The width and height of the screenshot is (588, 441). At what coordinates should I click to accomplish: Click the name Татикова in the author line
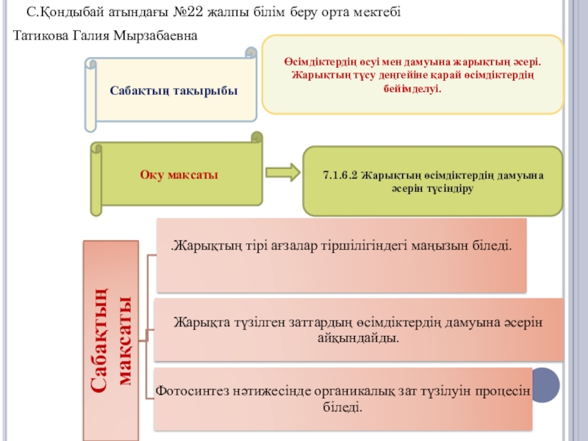click(41, 35)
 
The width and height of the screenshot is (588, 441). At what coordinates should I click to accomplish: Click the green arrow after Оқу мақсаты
click(283, 173)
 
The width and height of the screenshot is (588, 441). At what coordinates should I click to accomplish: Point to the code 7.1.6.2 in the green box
click(340, 176)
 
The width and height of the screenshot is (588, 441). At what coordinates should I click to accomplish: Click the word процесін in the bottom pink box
click(503, 391)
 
